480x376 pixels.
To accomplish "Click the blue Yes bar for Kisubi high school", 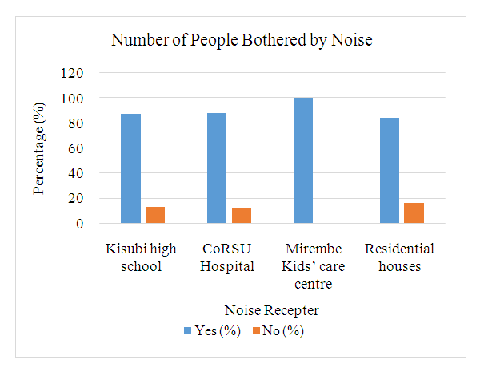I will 130,168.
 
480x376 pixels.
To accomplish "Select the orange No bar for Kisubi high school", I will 154,215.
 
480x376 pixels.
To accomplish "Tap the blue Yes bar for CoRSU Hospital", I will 217,168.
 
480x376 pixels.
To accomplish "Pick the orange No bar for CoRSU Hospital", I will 241,216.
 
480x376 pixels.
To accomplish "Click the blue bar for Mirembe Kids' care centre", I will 303,160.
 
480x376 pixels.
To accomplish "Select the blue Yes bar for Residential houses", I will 390,171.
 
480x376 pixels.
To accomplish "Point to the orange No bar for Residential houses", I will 414,213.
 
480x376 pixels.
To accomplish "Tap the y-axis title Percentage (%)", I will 38,148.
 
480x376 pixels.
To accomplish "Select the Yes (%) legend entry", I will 211,330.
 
